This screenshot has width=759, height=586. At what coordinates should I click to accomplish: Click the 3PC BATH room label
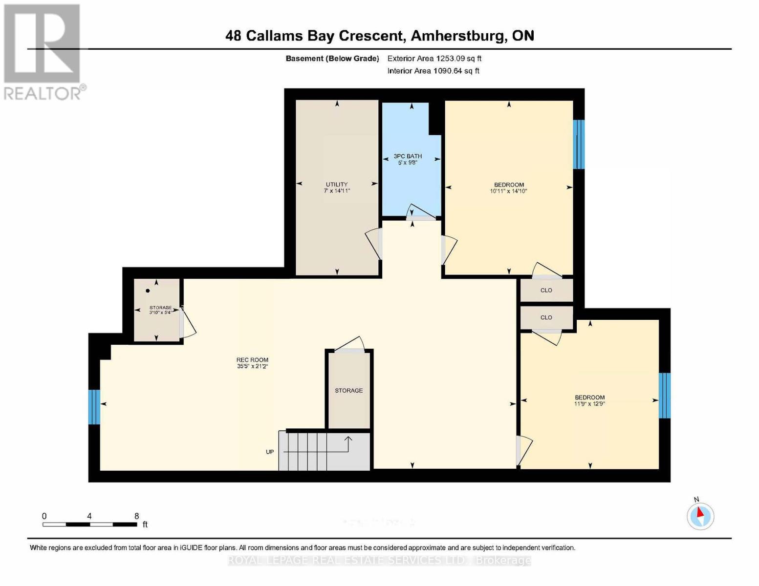point(408,156)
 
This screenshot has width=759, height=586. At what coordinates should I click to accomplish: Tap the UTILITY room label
point(337,185)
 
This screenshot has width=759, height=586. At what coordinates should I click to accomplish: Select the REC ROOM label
point(252,360)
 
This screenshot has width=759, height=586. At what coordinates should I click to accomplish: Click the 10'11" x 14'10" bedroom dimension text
point(508,191)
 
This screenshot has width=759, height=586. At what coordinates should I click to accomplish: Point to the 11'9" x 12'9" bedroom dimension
point(589,404)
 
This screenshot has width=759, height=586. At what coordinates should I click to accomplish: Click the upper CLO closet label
point(546,290)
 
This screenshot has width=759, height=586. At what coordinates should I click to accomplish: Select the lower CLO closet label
point(546,317)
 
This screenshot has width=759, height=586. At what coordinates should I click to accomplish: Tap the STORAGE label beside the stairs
point(348,391)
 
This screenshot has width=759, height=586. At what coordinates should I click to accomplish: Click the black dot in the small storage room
point(148,291)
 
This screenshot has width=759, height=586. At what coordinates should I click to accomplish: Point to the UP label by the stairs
point(270,452)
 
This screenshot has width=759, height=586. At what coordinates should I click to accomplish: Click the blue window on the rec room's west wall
point(94,407)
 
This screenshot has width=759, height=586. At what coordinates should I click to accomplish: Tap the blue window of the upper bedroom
point(579,144)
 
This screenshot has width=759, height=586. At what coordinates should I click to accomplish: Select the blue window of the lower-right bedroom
point(664,396)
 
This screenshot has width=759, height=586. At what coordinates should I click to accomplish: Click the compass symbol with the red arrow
point(700,516)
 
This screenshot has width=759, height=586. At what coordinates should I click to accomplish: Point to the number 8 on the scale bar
point(137,516)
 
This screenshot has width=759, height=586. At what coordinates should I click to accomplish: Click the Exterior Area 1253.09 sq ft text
point(434,59)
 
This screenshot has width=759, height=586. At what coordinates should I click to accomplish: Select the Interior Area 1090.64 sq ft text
point(433,71)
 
